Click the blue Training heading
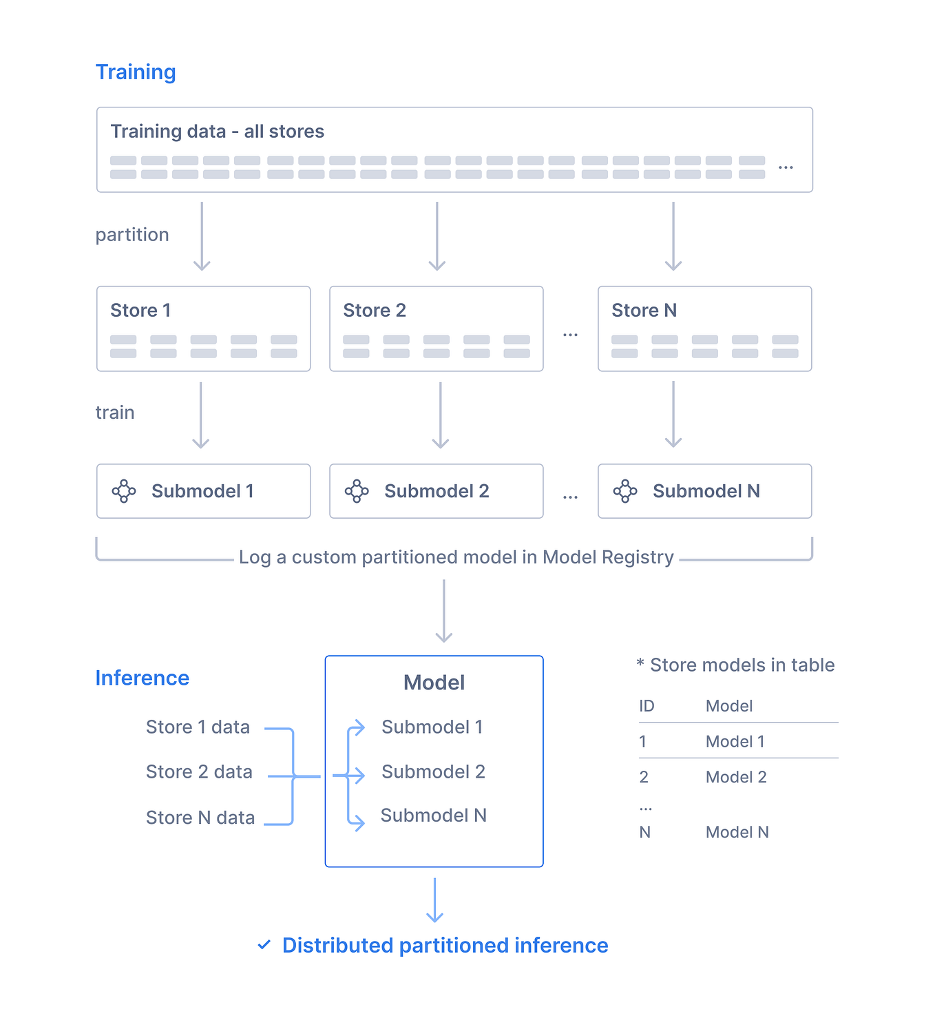136,72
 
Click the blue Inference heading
142,678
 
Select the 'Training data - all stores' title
217,132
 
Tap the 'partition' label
132,235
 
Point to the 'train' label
115,413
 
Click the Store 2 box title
375,311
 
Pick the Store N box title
644,311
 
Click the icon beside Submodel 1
124,491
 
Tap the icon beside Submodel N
625,491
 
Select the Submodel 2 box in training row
436,491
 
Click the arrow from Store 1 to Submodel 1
201,415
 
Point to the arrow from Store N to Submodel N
673,415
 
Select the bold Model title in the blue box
434,683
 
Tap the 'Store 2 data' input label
199,772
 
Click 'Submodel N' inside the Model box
433,816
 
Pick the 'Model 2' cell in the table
736,777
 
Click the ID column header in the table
647,706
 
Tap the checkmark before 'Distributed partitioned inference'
264,945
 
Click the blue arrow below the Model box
434,900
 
